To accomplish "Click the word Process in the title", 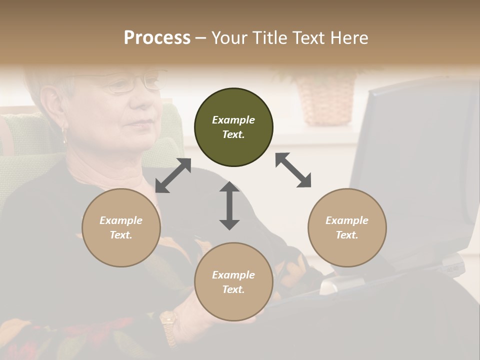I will (157, 38).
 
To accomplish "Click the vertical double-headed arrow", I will (229, 205).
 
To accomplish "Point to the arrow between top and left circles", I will (173, 175).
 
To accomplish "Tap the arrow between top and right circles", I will (293, 170).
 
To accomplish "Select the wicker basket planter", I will (325, 100).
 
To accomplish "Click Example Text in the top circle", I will (233, 127).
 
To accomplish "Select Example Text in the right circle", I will (347, 227).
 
